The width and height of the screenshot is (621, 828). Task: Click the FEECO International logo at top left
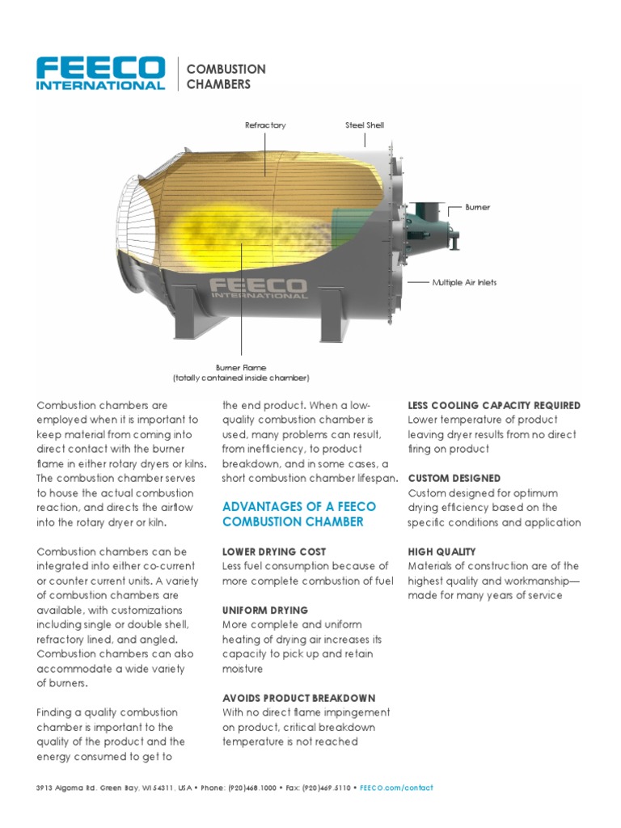pos(101,74)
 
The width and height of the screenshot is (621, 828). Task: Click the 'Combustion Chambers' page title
pos(226,77)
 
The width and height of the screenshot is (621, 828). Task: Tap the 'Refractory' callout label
pos(265,125)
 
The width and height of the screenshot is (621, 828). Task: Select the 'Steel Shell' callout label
pos(365,125)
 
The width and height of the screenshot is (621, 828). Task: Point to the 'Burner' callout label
pos(477,208)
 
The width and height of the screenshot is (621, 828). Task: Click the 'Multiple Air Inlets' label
pos(464,282)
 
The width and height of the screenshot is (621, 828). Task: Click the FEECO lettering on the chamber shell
pos(258,287)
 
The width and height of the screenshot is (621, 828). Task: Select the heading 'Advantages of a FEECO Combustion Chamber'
pos(298,514)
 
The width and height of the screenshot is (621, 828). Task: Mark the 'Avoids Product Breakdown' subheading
pos(298,698)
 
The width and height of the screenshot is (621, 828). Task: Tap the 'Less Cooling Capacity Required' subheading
pos(494,405)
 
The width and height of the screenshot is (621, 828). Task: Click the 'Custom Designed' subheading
pos(454,479)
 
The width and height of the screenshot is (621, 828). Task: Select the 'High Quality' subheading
pos(442,551)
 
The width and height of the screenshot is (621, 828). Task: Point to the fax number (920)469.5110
pos(328,788)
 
